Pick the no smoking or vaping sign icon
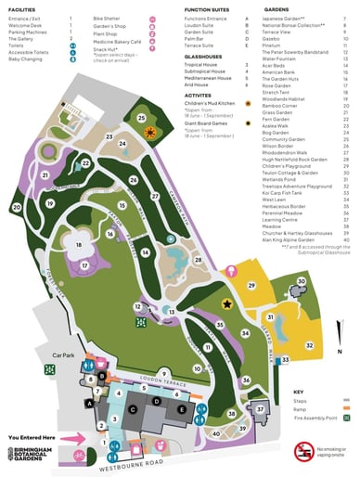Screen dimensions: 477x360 [x=303, y=453]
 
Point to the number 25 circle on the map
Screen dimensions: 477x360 [x=142, y=118]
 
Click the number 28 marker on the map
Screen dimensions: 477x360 [x=198, y=261]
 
